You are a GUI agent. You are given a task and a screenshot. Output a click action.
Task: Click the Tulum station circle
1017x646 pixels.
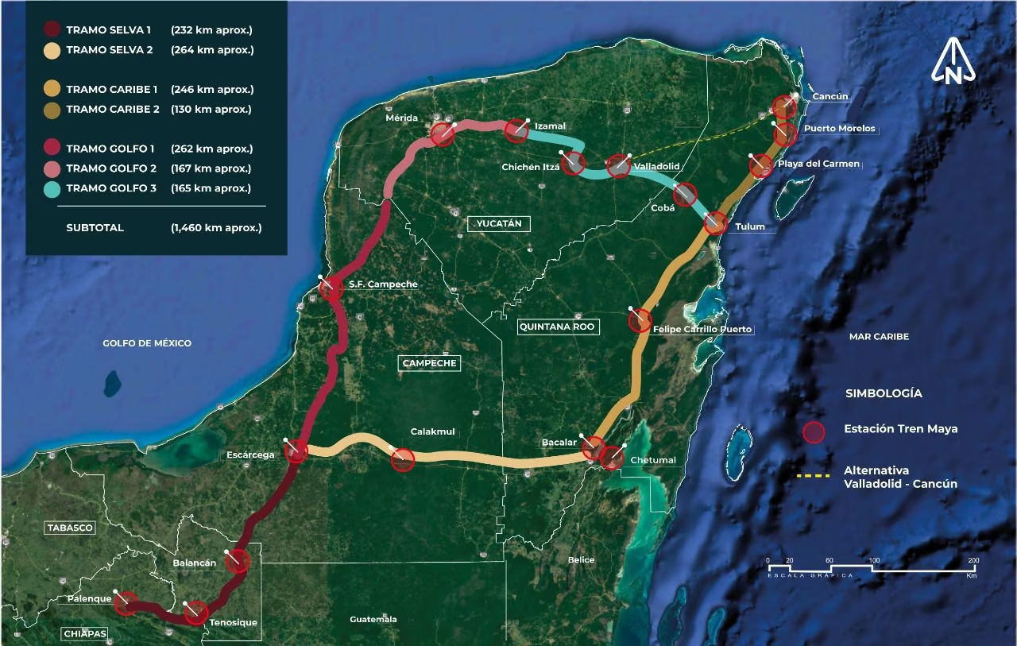coord(715,223)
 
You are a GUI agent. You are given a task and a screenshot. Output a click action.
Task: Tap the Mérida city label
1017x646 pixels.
coord(401,118)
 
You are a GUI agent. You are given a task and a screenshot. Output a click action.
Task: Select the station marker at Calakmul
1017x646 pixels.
coord(403,459)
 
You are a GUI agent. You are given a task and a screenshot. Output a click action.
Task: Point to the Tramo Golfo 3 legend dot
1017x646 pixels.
coord(52,188)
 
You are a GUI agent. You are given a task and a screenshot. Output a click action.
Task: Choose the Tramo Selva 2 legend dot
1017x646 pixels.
coord(52,50)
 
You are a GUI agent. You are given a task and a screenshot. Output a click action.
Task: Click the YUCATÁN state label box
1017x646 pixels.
coord(499,223)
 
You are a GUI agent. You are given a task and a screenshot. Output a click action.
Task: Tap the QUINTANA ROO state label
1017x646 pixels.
coord(557,327)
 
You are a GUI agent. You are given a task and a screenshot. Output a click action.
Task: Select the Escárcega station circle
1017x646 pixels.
coord(296,451)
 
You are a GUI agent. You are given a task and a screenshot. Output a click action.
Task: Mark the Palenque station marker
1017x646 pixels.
coord(125,603)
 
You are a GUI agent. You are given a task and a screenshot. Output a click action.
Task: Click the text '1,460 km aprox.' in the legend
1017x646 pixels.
coord(216,228)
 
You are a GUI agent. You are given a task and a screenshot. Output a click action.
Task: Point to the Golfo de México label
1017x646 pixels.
coord(147,343)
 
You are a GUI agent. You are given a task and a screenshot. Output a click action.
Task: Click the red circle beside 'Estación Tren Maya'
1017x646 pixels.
coord(814,432)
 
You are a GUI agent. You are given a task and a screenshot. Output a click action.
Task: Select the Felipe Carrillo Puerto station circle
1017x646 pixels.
coord(640,321)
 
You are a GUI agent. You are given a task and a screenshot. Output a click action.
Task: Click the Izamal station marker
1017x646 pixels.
coord(516,131)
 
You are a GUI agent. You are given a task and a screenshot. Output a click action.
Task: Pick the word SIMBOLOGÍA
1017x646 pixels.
coord(884,393)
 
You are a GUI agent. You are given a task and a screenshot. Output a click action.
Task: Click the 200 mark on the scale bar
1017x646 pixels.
coord(973,562)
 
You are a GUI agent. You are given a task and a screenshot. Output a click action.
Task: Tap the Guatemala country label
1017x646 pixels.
coord(373,619)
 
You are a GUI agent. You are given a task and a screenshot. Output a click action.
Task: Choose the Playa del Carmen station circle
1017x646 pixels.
coord(760,166)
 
